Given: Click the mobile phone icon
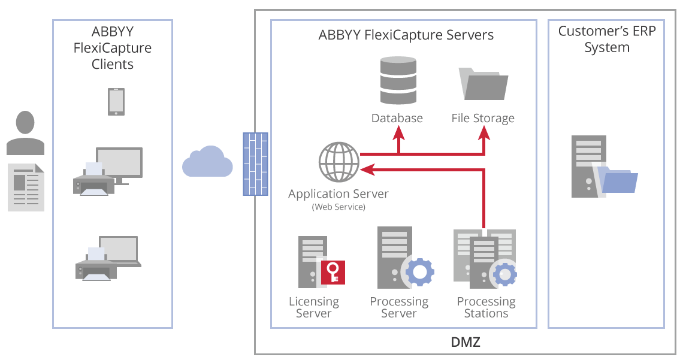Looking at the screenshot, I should point(116,102).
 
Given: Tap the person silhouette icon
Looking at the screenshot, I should point(25,133).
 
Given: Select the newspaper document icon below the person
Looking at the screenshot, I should point(26,187).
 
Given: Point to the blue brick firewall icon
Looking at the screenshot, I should point(255,164).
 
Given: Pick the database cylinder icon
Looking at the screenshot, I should point(397,81).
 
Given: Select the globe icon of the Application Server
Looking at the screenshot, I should point(339,162).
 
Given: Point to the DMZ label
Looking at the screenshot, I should point(466,343).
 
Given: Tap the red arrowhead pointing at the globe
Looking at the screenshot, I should point(368,171).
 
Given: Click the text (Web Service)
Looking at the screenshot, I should point(339,207).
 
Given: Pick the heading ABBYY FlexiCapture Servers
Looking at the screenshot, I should point(406,35).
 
